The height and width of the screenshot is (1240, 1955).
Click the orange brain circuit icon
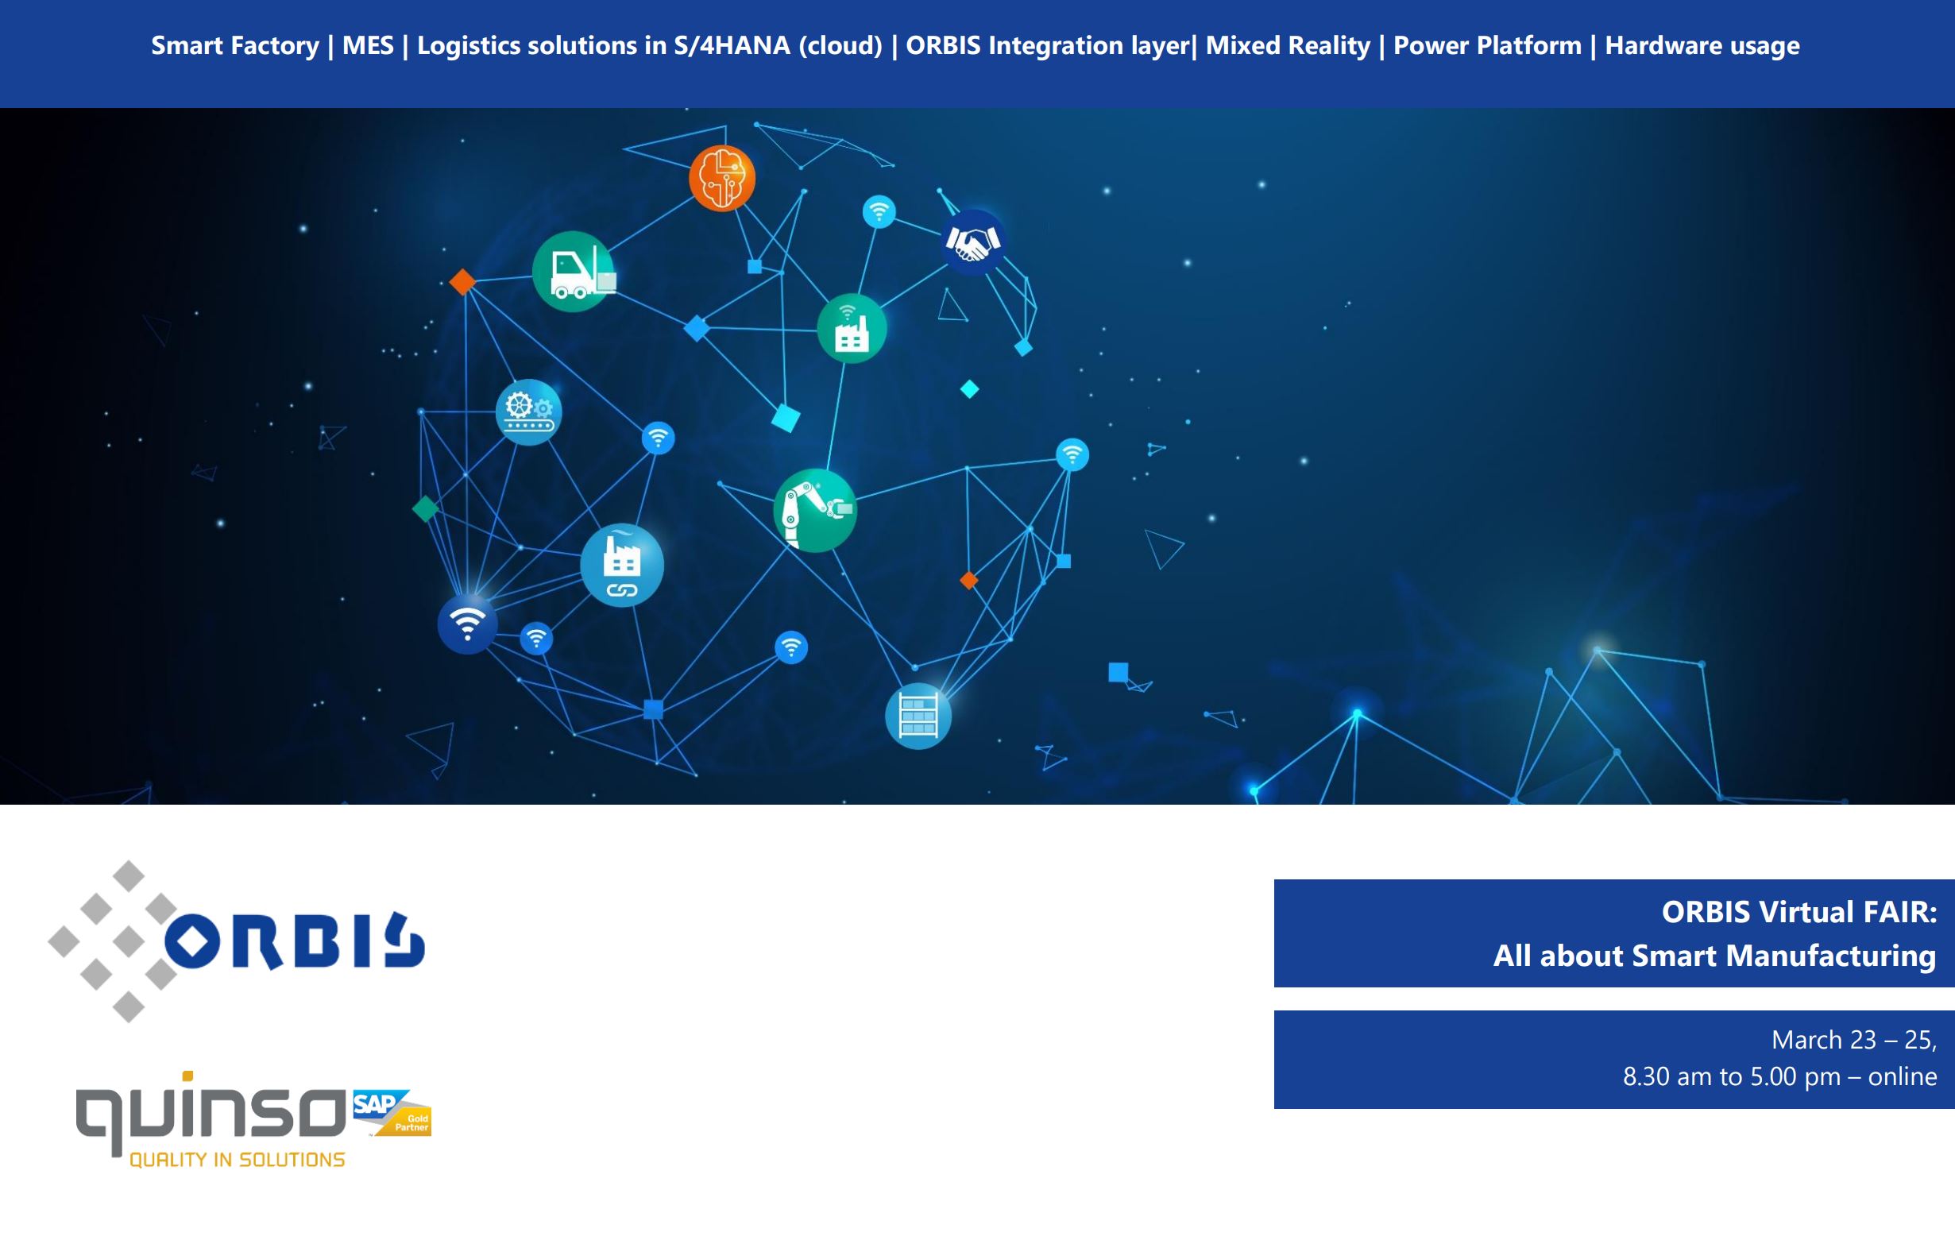click(722, 178)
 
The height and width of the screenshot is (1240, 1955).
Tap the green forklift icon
click(574, 271)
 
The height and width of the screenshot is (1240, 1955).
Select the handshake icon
click(972, 242)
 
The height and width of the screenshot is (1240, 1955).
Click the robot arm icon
click(815, 510)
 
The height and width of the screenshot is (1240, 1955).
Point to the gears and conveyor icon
click(528, 411)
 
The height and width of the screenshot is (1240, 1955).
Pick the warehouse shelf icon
click(918, 716)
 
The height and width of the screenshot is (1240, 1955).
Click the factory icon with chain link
click(622, 565)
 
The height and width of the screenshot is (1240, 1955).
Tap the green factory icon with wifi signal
click(852, 328)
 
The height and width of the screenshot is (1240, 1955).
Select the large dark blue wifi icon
click(468, 624)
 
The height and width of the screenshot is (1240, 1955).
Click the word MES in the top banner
click(368, 45)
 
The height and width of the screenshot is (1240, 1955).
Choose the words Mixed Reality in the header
click(1288, 45)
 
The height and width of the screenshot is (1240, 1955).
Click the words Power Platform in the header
click(1487, 45)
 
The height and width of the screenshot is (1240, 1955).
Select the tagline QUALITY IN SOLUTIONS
click(237, 1160)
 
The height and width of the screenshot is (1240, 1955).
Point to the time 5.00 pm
click(1795, 1077)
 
